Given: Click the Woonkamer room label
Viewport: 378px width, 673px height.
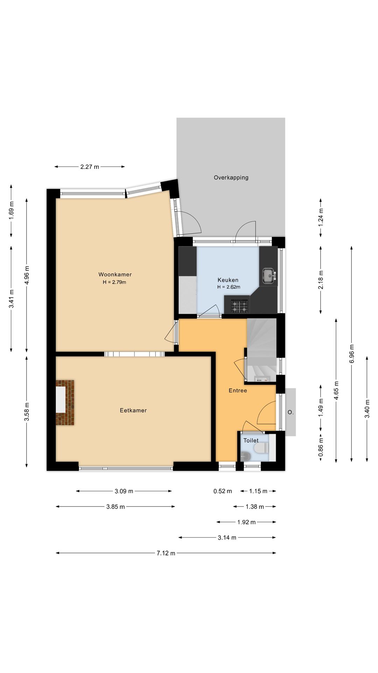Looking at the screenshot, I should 115,274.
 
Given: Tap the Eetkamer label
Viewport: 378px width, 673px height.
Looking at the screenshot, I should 133,410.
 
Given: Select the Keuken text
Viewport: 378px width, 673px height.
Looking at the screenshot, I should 228,280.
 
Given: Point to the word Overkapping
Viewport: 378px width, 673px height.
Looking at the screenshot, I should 231,177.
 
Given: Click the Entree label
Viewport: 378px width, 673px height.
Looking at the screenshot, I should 238,390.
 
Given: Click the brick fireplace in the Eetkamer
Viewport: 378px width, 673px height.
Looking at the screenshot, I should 65,402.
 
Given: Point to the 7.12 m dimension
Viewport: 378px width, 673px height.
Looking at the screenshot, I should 166,553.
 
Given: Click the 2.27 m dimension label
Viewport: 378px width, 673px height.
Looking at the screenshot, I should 90,167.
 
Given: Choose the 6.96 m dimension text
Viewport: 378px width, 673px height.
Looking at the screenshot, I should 352,354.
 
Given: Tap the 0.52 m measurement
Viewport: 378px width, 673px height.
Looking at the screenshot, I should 223,491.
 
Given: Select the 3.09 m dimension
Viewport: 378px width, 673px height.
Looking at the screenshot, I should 124,491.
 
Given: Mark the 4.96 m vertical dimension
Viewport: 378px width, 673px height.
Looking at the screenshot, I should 27,275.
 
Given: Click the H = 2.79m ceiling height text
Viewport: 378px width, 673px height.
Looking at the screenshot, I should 114,282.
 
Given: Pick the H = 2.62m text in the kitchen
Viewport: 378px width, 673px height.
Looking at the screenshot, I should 229,287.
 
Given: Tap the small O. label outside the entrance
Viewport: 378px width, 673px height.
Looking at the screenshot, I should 290,412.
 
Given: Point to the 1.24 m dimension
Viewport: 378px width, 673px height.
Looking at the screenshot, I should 321,217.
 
